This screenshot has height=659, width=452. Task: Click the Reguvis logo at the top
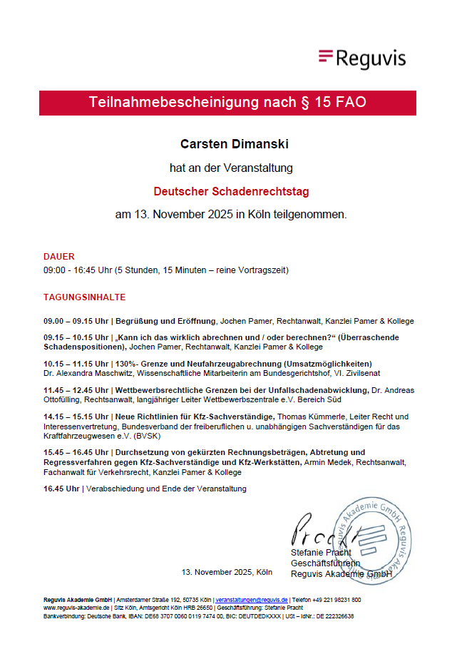point(362,58)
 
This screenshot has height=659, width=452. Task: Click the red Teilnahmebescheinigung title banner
point(227,102)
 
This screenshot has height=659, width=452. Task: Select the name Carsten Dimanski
point(224,145)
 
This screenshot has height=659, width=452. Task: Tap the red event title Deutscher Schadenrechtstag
point(231,191)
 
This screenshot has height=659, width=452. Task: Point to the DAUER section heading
point(58,256)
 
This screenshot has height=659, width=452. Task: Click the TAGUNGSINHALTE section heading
point(84,297)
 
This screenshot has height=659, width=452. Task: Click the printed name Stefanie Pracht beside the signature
point(320,553)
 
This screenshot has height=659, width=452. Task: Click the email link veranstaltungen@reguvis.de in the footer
point(251,600)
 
